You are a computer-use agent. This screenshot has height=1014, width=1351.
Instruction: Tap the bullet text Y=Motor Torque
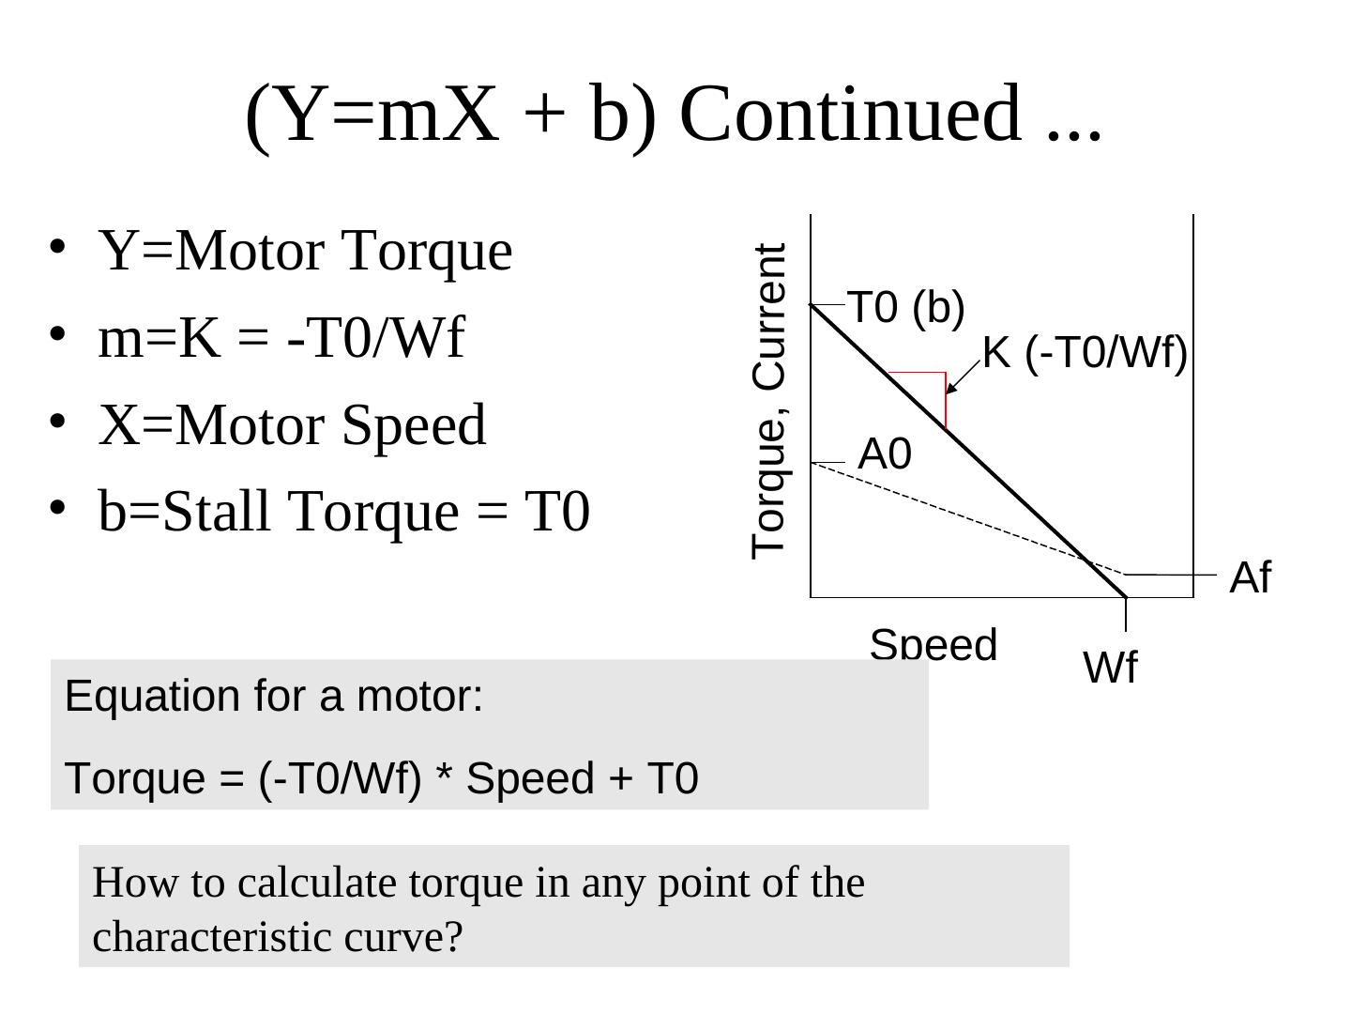[x=305, y=252]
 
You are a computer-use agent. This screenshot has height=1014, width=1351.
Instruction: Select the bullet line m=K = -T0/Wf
[x=281, y=338]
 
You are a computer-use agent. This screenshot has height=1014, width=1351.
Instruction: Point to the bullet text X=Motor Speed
[x=292, y=424]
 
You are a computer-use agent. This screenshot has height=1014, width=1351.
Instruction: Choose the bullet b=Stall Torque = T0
[x=343, y=512]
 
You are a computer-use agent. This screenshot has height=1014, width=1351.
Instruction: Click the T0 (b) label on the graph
[x=905, y=307]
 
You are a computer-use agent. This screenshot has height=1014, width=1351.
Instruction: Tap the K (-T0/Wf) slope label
[x=1085, y=354]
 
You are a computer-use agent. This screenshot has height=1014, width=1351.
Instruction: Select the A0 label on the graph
[x=885, y=454]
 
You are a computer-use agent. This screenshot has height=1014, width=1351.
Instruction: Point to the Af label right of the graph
[x=1250, y=577]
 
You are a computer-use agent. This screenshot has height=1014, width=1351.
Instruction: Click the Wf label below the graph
[x=1110, y=668]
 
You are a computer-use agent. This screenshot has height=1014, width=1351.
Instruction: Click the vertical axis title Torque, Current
[x=768, y=401]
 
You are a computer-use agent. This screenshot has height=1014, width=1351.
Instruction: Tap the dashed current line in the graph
[x=966, y=517]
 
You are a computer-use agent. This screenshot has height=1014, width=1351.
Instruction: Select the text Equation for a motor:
[x=274, y=697]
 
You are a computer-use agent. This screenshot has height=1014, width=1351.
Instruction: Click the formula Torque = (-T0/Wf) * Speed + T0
[x=381, y=778]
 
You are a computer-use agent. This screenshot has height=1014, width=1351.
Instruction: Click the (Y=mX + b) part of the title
[x=450, y=113]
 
